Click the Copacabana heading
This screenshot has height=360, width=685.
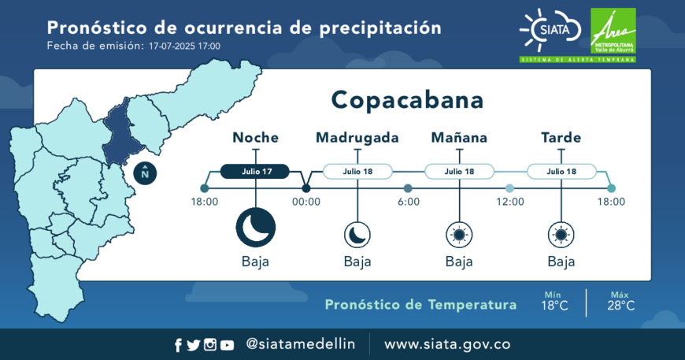[407, 100]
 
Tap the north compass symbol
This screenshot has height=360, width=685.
[145, 173]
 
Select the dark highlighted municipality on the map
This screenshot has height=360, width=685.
[121, 133]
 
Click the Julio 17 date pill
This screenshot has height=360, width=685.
[254, 171]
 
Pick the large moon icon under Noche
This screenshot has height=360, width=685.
[256, 228]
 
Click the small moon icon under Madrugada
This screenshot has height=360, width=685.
[357, 235]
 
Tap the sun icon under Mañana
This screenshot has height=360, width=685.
[459, 235]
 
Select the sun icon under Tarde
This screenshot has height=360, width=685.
[561, 235]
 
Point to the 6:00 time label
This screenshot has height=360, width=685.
[409, 202]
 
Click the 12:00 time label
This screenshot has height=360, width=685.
[510, 202]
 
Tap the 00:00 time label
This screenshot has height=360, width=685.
[306, 202]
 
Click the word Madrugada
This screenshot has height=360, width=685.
[357, 138]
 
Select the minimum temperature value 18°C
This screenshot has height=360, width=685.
[554, 306]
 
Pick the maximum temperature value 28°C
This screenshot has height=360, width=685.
[620, 306]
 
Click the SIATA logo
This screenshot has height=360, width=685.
[550, 30]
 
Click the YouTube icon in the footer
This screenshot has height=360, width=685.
[227, 345]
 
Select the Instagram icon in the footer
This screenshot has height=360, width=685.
[210, 345]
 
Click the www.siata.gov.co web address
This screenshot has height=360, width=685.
[447, 344]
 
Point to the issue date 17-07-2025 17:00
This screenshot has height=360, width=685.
[184, 46]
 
